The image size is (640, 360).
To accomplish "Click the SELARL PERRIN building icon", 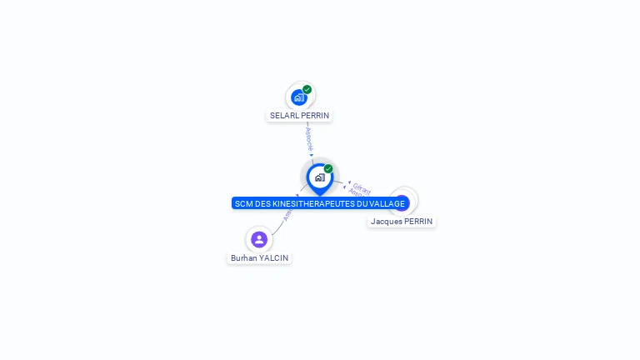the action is coord(299,97).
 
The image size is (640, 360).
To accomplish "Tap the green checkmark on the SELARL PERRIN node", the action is coord(307,89).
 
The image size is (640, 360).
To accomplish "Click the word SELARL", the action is coord(284,116).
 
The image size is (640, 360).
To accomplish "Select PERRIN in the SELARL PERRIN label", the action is coord(315,116).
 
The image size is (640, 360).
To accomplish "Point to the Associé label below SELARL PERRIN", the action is coord(309,137).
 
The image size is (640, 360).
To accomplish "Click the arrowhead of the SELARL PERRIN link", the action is coord(312,154).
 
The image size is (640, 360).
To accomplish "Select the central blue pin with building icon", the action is coord(319,177).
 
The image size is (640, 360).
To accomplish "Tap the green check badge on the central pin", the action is coord(328,168).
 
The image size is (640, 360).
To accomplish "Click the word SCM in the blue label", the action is coord(243,203).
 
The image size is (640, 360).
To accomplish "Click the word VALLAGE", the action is coord(387,203).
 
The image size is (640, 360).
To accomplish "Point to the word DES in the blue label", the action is coord(262,203).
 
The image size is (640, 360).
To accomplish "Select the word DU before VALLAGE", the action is coord(362,203).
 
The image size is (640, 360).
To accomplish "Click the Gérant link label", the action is coord(362,188).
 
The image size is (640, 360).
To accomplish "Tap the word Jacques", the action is coord(386,222).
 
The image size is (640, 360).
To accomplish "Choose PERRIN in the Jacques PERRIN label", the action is coord(417,222).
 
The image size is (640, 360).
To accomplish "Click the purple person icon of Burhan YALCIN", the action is coord(259,240).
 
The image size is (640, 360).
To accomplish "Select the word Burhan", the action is coord(244,258).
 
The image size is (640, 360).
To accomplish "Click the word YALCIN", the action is coord(274,258).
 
